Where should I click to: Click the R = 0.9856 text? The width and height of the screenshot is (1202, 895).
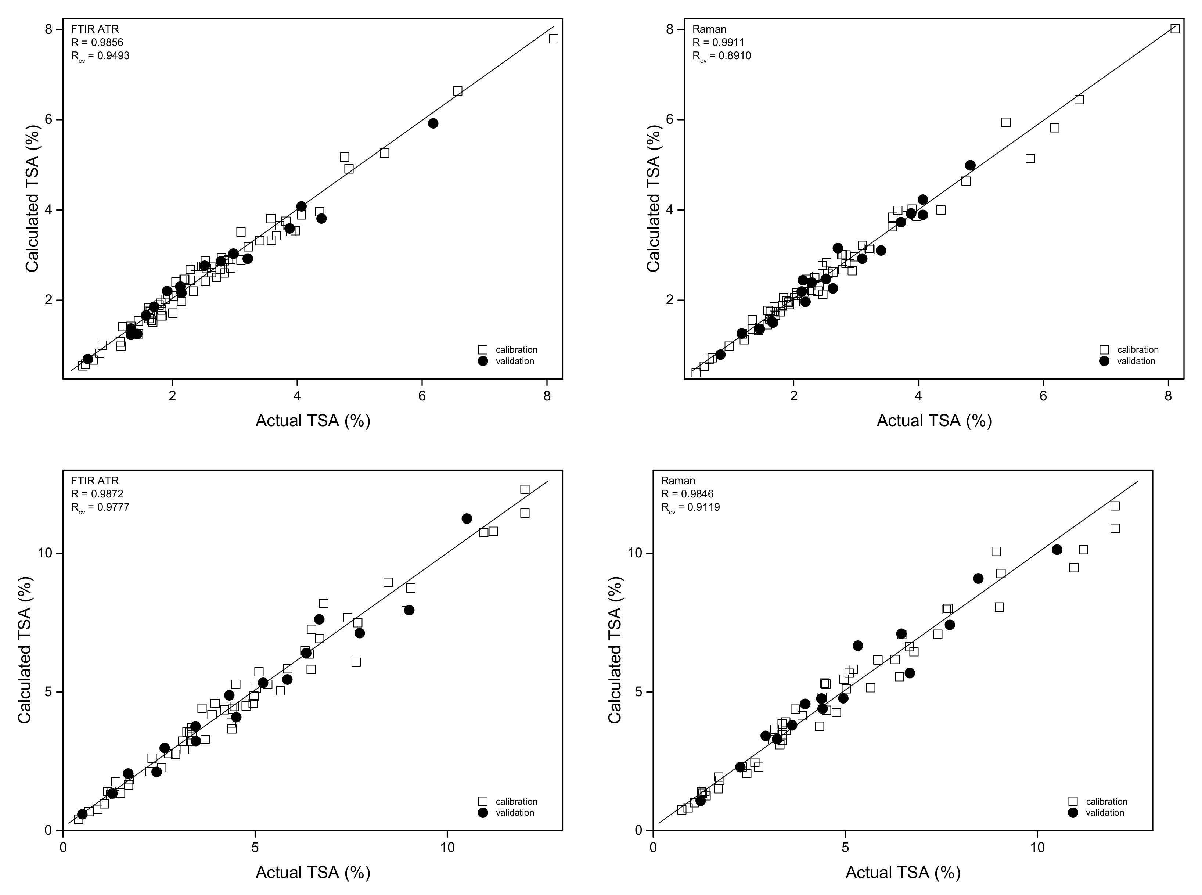coord(97,42)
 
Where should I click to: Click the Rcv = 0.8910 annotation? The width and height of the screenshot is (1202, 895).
coord(721,56)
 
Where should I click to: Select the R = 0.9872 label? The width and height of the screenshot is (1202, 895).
coord(97,493)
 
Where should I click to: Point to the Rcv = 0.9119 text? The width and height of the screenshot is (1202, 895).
coord(690,508)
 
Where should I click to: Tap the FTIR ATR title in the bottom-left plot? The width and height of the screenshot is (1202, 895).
coord(95,481)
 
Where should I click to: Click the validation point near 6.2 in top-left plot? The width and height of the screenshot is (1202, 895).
coord(433,123)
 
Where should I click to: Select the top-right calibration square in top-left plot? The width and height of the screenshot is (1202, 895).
coord(554,39)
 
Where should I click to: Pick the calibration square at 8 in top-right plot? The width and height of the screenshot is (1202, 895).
coord(1175,29)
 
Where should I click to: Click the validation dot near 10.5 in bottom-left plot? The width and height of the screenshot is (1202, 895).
coord(467,518)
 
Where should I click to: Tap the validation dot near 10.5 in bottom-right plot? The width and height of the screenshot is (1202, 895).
coord(1057,549)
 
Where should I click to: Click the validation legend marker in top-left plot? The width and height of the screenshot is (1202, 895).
coord(483,361)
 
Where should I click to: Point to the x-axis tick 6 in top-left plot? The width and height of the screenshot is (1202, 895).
coord(422,396)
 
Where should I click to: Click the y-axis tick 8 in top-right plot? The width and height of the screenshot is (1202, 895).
coord(670,29)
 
